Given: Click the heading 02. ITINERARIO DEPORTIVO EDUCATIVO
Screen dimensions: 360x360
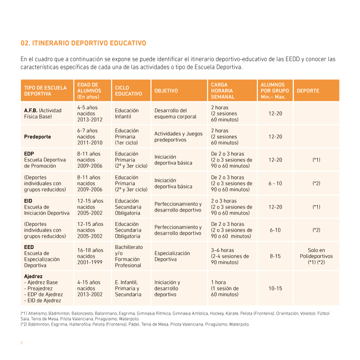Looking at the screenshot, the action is pyautogui.click(x=83, y=43).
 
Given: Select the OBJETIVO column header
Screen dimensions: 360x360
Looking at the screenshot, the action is pyautogui.click(x=166, y=91).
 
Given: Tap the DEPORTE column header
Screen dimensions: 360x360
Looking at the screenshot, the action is pyautogui.click(x=308, y=91).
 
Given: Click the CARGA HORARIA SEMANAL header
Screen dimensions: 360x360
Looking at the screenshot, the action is pyautogui.click(x=222, y=91).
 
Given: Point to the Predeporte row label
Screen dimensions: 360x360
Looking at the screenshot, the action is pyautogui.click(x=37, y=137).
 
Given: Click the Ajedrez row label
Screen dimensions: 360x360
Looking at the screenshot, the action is pyautogui.click(x=33, y=276).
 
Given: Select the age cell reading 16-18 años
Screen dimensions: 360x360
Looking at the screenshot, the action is pyautogui.click(x=90, y=256).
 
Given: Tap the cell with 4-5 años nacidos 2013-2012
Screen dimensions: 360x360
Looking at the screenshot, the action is pyautogui.click(x=90, y=114).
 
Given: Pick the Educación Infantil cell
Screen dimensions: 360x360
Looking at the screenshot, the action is pyautogui.click(x=127, y=114).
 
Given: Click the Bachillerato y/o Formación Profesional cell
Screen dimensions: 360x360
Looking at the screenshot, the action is pyautogui.click(x=129, y=256).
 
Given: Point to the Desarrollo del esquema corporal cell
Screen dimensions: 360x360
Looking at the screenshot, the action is pyautogui.click(x=175, y=114).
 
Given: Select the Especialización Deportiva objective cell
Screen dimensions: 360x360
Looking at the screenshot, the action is pyautogui.click(x=172, y=256).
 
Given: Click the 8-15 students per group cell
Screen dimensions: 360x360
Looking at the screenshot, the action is pyautogui.click(x=275, y=256).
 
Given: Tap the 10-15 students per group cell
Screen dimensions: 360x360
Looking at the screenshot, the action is pyautogui.click(x=275, y=288).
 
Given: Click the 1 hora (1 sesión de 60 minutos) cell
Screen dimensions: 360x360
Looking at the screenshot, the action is pyautogui.click(x=225, y=288).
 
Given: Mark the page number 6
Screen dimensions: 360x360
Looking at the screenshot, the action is pyautogui.click(x=22, y=343).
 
